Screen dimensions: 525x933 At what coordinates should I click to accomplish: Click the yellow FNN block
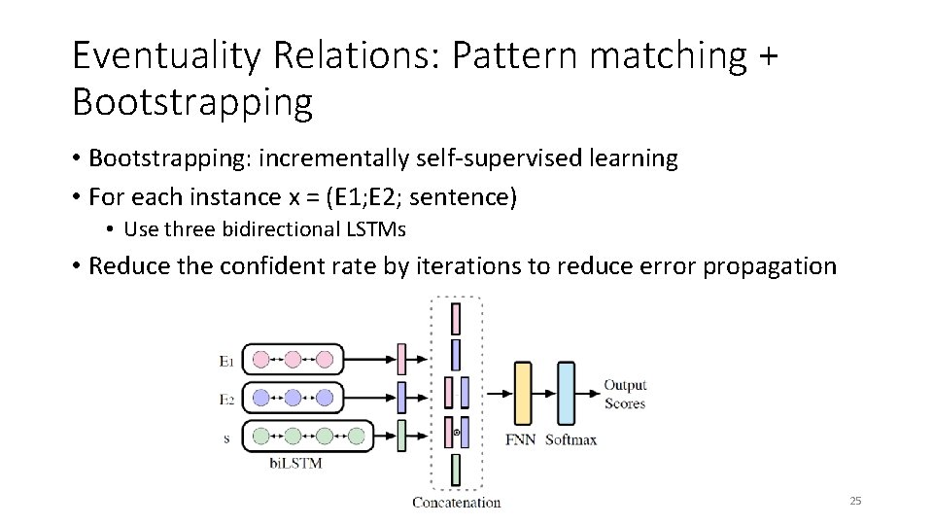(x=523, y=393)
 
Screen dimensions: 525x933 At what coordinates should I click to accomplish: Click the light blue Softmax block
(x=567, y=393)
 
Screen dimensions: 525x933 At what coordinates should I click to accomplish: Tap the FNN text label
(x=522, y=439)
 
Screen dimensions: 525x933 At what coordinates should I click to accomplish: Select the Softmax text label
(x=570, y=439)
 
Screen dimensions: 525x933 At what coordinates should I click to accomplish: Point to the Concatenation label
(x=456, y=503)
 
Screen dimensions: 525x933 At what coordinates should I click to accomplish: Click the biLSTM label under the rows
(x=294, y=464)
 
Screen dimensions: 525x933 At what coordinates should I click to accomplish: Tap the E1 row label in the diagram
(x=226, y=362)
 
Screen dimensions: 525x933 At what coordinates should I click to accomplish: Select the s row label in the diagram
(x=226, y=438)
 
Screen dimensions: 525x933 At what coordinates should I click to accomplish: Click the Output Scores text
(x=625, y=394)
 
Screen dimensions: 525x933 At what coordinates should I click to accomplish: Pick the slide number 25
(x=855, y=501)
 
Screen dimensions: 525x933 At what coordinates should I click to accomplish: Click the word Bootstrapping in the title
(x=191, y=100)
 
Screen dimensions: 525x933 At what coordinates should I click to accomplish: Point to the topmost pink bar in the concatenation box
(x=455, y=317)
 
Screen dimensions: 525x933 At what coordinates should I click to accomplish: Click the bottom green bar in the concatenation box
(x=455, y=472)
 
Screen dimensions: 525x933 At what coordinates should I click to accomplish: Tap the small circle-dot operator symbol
(x=457, y=431)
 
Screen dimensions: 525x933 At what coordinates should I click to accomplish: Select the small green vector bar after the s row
(x=400, y=436)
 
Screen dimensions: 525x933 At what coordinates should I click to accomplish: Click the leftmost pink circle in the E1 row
(x=260, y=359)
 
